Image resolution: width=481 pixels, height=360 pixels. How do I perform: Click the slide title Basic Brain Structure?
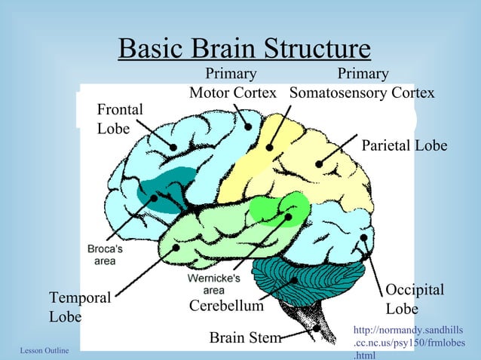point(244,50)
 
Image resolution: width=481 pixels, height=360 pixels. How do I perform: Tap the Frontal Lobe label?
point(120,119)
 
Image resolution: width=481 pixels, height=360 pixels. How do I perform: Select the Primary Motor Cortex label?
point(231,84)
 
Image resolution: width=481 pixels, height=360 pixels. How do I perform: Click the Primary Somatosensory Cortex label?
point(363,84)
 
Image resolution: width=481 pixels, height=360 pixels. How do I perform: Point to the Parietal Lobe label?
point(405,145)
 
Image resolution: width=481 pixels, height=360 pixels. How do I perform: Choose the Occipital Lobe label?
point(415,300)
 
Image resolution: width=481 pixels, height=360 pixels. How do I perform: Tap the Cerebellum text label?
point(226,307)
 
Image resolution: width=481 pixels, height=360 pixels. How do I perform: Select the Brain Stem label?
point(245,338)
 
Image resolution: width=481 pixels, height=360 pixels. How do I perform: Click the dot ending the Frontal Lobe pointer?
point(174,148)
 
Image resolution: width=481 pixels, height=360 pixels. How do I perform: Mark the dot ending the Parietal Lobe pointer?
point(320,163)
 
